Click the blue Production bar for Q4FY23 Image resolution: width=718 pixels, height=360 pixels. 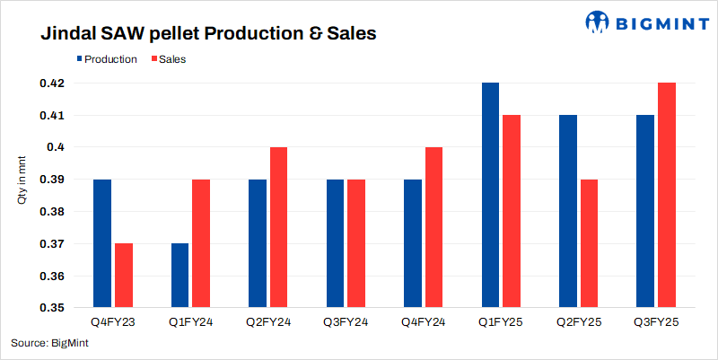[102, 243]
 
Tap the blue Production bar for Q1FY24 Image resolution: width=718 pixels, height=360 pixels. [179, 276]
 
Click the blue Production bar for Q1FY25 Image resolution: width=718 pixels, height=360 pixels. [490, 195]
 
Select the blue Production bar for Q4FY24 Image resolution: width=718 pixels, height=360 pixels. [413, 243]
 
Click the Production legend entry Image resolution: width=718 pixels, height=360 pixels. [106, 59]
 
